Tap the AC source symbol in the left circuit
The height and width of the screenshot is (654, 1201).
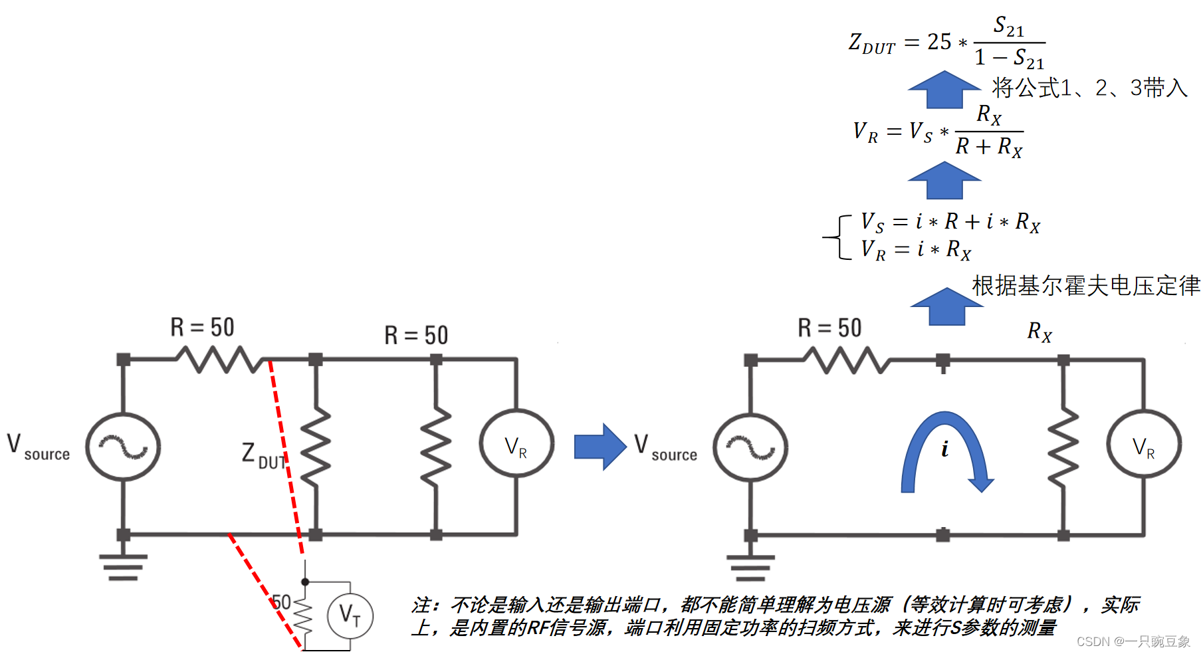pyautogui.click(x=123, y=447)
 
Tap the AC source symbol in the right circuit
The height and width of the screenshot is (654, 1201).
pyautogui.click(x=750, y=447)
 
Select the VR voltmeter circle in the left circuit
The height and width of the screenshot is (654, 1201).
pyautogui.click(x=516, y=443)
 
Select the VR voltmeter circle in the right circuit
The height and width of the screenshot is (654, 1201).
pyautogui.click(x=1144, y=444)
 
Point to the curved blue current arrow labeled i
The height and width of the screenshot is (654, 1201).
pyautogui.click(x=944, y=452)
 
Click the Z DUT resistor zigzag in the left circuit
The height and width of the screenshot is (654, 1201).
pyautogui.click(x=316, y=447)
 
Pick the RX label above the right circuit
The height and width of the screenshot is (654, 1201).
pyautogui.click(x=1039, y=331)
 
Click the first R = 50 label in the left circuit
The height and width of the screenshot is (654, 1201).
pyautogui.click(x=202, y=327)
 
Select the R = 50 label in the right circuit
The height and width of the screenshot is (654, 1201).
pyautogui.click(x=829, y=328)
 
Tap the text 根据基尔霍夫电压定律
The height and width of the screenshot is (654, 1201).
pyautogui.click(x=1085, y=285)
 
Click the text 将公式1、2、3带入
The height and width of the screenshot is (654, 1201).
pyautogui.click(x=1089, y=88)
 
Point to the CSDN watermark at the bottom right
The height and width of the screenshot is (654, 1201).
pyautogui.click(x=1133, y=641)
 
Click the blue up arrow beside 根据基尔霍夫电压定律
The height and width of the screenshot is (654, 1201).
pyautogui.click(x=946, y=307)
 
